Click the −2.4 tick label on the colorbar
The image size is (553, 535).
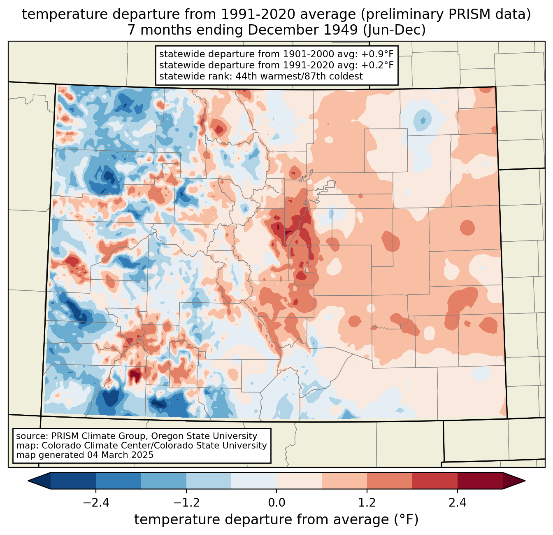tap(96, 503)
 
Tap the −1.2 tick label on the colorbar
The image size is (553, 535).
tap(186, 503)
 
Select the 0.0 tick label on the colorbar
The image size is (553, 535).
tap(276, 503)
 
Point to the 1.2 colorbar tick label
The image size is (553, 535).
tap(367, 503)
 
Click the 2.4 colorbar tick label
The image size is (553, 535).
tap(457, 503)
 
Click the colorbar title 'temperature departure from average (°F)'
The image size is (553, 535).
tap(276, 520)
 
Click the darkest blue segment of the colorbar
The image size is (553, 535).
tap(73, 481)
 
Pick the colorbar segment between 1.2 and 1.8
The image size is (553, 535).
tap(389, 481)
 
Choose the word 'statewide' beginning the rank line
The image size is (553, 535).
tap(177, 76)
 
